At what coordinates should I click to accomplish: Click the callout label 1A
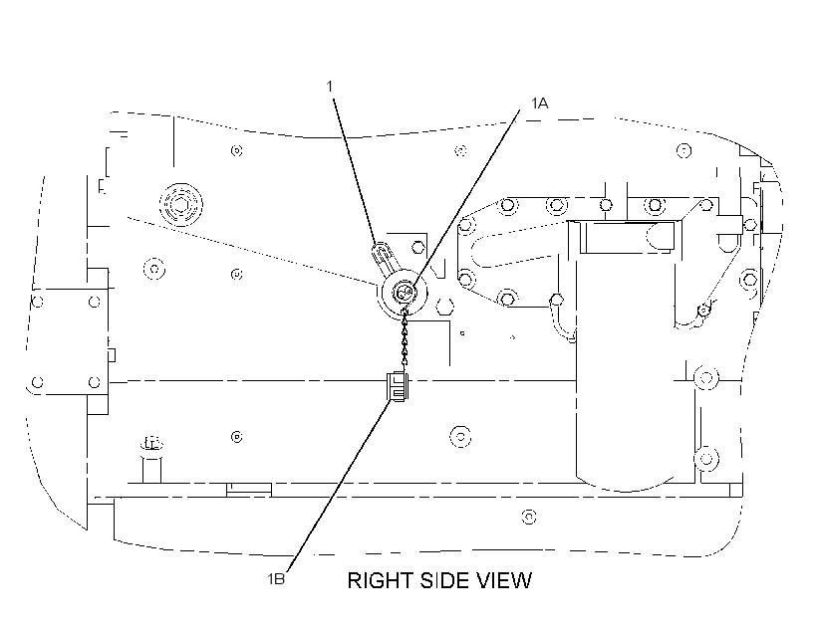pyautogui.click(x=539, y=104)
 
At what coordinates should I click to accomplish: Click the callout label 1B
pyautogui.click(x=276, y=578)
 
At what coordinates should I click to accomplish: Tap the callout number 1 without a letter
pyautogui.click(x=330, y=86)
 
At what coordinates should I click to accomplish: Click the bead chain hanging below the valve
pyautogui.click(x=405, y=339)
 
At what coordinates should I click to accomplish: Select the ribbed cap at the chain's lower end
pyautogui.click(x=398, y=386)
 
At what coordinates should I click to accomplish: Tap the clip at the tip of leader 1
pyautogui.click(x=383, y=257)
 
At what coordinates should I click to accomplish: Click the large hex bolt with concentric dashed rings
pyautogui.click(x=180, y=205)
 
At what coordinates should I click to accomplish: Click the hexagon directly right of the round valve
pyautogui.click(x=444, y=306)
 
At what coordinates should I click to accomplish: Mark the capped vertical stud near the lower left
pyautogui.click(x=151, y=461)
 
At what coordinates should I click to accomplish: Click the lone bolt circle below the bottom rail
pyautogui.click(x=529, y=517)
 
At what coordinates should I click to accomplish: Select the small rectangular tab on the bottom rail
pyautogui.click(x=249, y=490)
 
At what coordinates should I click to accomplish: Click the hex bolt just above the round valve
pyautogui.click(x=417, y=247)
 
